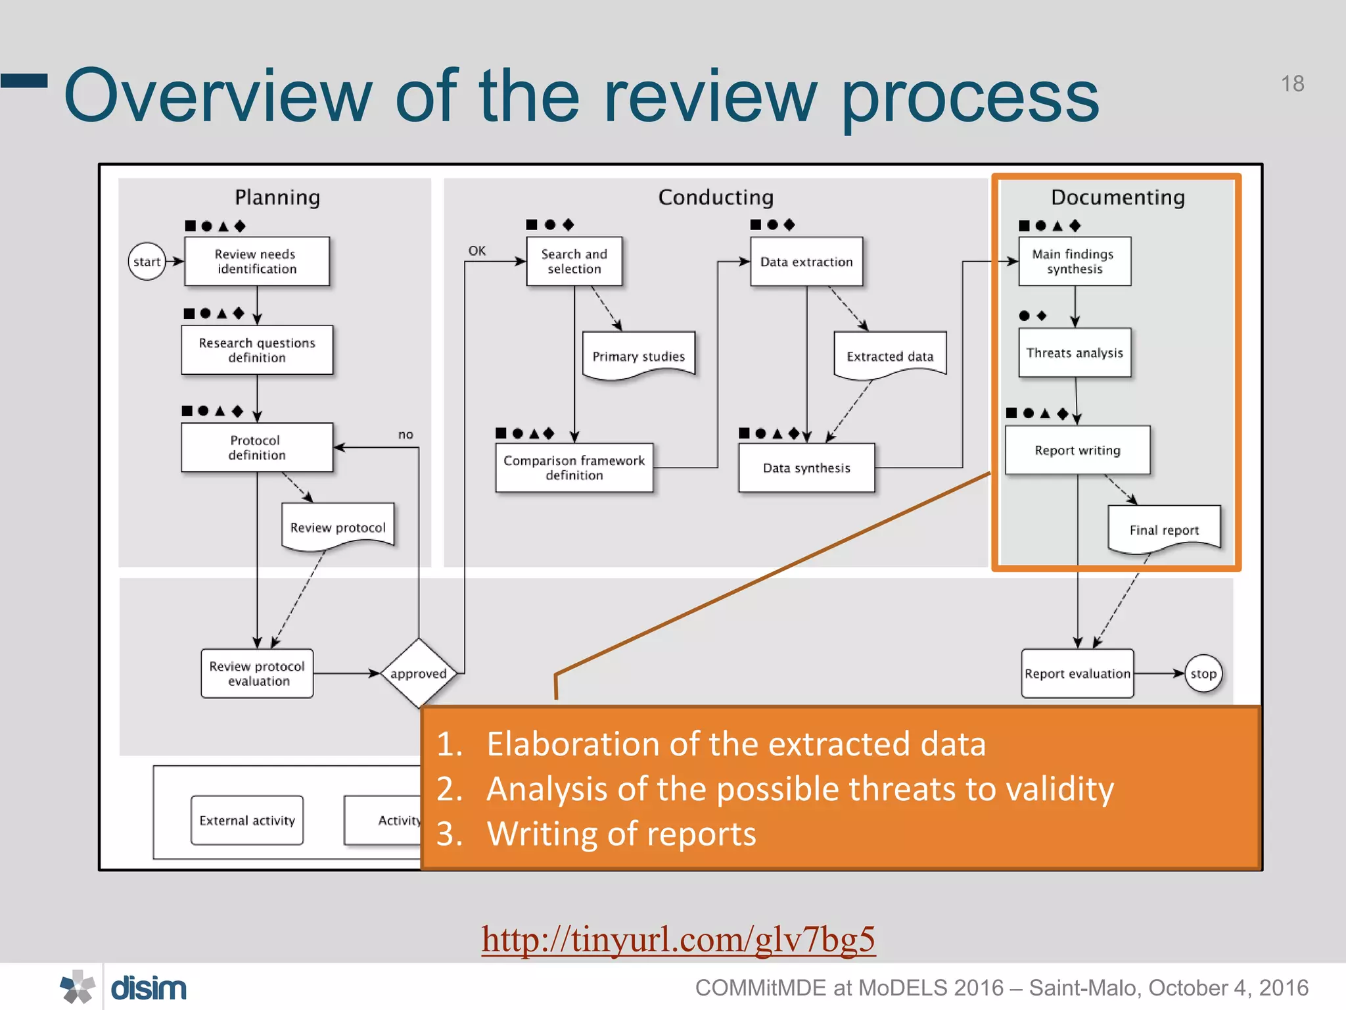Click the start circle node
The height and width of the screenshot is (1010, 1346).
147,262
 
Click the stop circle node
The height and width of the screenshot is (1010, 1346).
1203,673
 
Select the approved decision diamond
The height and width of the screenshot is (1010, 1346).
419,673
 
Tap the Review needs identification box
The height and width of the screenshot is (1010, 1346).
256,262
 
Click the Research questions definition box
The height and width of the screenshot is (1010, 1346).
257,350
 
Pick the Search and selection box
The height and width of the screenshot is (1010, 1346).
574,262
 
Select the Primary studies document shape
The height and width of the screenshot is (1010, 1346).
638,356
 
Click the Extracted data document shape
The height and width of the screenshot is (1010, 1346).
889,356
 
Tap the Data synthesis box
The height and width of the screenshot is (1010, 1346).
806,468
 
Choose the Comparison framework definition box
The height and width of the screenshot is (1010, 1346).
574,468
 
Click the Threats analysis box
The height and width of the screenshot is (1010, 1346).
1075,352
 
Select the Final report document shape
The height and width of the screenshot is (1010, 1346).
1164,529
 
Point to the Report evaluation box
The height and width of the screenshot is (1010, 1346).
1077,673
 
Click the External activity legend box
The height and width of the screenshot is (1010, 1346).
247,820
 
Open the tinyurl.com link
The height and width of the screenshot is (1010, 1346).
678,939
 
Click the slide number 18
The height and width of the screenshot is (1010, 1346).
1292,84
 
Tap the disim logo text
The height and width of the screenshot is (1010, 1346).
149,988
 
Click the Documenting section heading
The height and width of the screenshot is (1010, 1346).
1117,197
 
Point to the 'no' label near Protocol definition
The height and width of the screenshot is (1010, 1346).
406,434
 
